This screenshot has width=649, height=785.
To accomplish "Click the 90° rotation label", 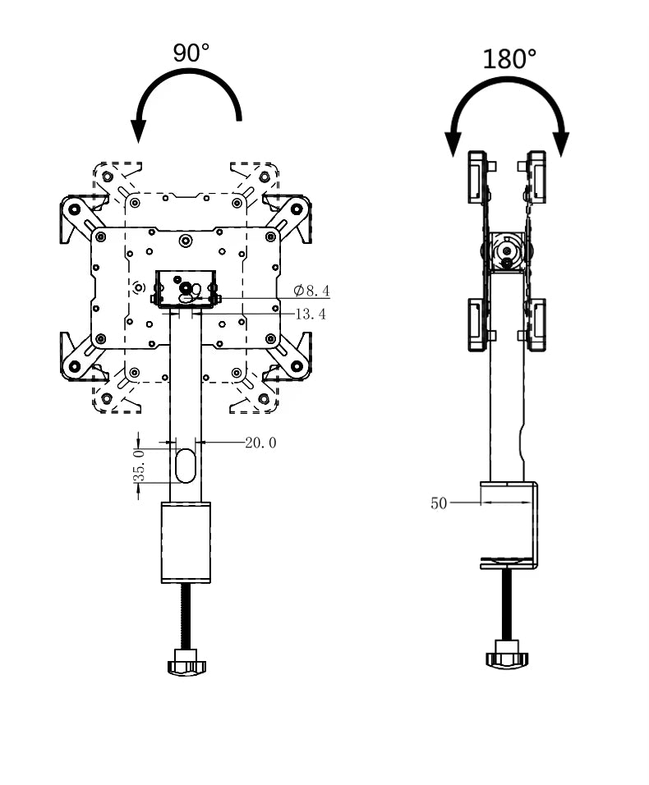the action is pyautogui.click(x=191, y=53).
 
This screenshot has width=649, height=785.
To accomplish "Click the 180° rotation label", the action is pyautogui.click(x=509, y=59).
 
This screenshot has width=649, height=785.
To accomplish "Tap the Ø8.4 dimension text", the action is pyautogui.click(x=311, y=291).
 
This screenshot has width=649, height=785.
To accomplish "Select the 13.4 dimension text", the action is pyautogui.click(x=311, y=314).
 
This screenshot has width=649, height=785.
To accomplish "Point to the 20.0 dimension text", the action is pyautogui.click(x=260, y=443).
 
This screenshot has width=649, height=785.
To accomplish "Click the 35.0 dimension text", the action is pyautogui.click(x=140, y=466).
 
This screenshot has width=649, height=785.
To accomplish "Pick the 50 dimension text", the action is pyautogui.click(x=439, y=503).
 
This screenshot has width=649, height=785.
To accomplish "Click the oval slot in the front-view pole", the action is pyautogui.click(x=186, y=466).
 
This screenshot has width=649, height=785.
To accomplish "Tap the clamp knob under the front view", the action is pyautogui.click(x=186, y=662).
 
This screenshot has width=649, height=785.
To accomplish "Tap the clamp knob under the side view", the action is pyautogui.click(x=507, y=654).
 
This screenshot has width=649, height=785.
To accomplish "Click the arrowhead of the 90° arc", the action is pyautogui.click(x=138, y=131).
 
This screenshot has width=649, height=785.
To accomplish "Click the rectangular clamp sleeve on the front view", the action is pyautogui.click(x=186, y=542).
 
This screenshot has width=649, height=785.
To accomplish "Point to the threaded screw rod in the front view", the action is pyautogui.click(x=186, y=617).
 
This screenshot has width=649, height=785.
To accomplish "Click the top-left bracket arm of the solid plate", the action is pyautogui.click(x=81, y=217).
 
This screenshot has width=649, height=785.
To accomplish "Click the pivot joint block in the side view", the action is pyautogui.click(x=507, y=252).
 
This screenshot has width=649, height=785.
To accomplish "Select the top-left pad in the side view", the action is pyautogui.click(x=477, y=177).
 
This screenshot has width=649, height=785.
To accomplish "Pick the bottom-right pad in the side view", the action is pyautogui.click(x=536, y=325).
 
